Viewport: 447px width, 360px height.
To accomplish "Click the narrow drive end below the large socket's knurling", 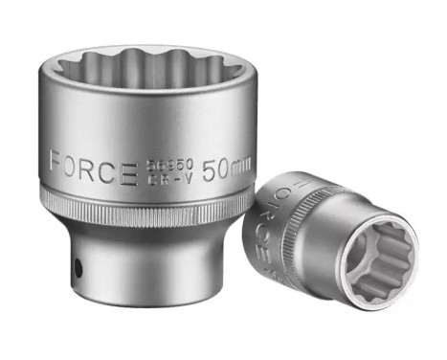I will pos(144,273).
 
